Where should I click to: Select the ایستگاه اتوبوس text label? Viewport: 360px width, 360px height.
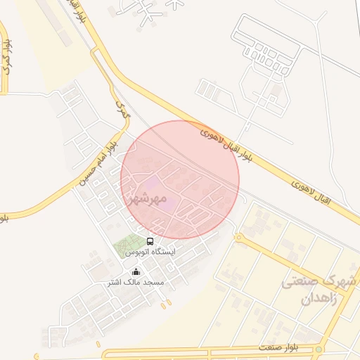150,251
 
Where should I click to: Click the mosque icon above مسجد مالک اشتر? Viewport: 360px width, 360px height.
136,272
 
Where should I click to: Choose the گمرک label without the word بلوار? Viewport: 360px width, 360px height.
123,108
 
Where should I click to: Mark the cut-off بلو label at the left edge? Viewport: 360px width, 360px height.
4,218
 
